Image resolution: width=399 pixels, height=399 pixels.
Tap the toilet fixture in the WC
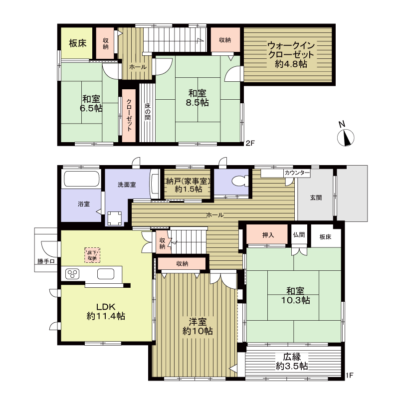pyautogui.click(x=240, y=181)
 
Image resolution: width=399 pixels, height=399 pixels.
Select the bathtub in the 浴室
pyautogui.click(x=81, y=179)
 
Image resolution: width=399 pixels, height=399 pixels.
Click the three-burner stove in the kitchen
pyautogui.click(x=72, y=274)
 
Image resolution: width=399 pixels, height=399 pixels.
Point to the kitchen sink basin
pyautogui.click(x=106, y=274)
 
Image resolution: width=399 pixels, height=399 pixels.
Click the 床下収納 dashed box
pyautogui.click(x=92, y=255)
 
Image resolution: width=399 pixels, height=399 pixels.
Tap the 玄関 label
pyautogui.click(x=316, y=198)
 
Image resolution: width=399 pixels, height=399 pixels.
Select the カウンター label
pyautogui.click(x=297, y=173)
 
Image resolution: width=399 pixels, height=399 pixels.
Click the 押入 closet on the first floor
pyautogui.click(x=267, y=234)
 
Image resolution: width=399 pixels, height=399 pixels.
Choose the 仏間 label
pyautogui.click(x=299, y=234)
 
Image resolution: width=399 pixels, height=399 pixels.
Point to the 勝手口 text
pyautogui.click(x=46, y=261)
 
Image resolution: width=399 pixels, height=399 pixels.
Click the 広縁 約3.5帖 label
pyautogui.click(x=292, y=362)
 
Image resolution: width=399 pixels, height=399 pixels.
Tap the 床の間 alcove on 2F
pyautogui.click(x=147, y=113)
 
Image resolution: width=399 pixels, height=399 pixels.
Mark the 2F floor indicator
pyautogui.click(x=250, y=143)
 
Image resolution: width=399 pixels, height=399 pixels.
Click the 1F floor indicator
pyautogui.click(x=350, y=375)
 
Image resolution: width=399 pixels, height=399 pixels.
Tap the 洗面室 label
pyautogui.click(x=127, y=185)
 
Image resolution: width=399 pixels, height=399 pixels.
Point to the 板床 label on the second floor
pyautogui.click(x=78, y=43)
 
